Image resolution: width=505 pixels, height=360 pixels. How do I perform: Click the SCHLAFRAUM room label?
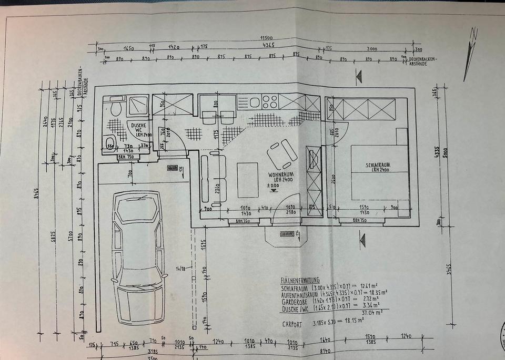pos(378,166)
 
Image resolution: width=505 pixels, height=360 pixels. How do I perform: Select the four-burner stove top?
pos(270,101)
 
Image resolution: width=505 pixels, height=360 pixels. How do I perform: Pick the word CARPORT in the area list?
pos(291,325)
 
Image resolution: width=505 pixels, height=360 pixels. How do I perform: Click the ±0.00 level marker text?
pos(272,186)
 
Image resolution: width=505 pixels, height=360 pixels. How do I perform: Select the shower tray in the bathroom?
pos(137,107)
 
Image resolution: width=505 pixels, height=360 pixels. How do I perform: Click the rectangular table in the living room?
pos(247,180)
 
